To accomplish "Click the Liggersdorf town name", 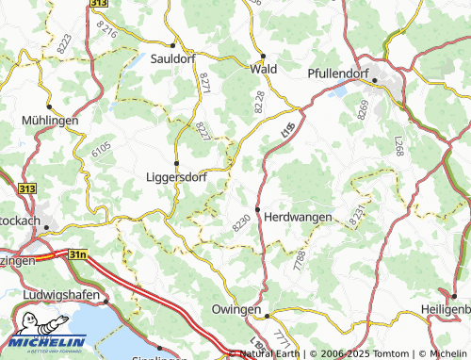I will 176,175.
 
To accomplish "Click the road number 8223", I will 64,42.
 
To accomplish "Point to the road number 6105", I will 101,149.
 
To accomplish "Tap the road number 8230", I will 241,222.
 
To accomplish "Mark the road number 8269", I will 363,110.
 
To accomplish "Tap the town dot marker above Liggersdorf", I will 176,161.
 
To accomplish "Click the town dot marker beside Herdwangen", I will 257,209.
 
